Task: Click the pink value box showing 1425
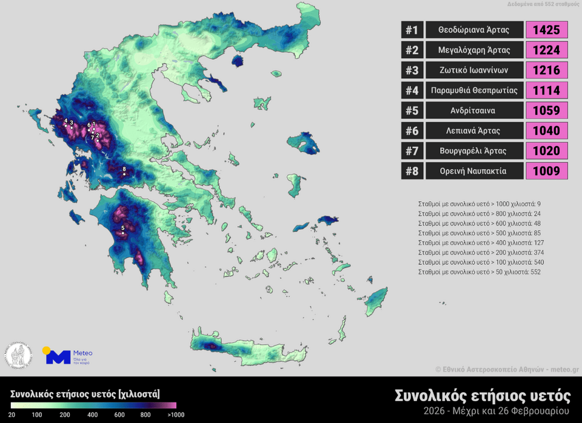[546, 30]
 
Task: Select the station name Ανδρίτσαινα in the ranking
[474, 110]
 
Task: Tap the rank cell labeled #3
[412, 70]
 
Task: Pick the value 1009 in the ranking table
[546, 171]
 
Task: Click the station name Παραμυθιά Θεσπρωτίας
[474, 90]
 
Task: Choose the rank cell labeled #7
[412, 151]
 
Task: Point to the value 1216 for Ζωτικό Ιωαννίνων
[546, 70]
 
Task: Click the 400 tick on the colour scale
[93, 415]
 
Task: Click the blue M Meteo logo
[58, 356]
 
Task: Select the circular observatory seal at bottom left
[19, 355]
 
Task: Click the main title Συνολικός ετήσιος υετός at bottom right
[483, 396]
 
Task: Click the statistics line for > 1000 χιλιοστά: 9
[479, 204]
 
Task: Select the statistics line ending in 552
[479, 272]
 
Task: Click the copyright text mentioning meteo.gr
[507, 369]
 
